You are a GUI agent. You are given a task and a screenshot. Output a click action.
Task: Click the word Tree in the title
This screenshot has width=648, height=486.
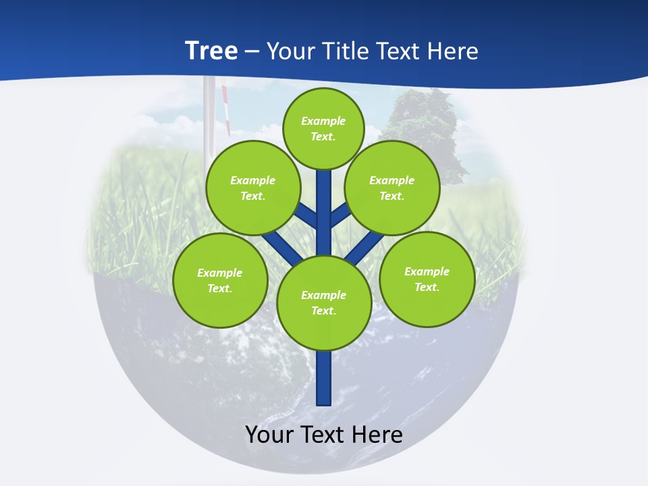pos(211,51)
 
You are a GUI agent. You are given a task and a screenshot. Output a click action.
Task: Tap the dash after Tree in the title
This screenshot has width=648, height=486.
pos(252,51)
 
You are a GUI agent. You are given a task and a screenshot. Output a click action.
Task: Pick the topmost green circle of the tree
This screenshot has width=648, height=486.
pos(323,128)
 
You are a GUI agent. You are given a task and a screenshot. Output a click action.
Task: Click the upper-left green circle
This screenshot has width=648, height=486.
pos(252,188)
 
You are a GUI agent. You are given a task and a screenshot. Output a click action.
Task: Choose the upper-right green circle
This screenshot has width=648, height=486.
pos(392,188)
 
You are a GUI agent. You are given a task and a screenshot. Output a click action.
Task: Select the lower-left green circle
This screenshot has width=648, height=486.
pos(220,280)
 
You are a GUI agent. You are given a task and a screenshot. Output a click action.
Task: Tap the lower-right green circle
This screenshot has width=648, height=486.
pos(427,279)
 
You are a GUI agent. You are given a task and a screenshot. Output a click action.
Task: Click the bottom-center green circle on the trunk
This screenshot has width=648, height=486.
pos(324,303)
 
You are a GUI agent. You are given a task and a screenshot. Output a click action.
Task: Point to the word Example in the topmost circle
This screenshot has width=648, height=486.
pos(323,121)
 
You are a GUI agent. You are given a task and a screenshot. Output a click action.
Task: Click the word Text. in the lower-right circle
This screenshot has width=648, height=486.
pos(427,287)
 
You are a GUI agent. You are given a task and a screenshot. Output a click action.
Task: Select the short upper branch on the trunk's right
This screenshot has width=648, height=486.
pos(340,215)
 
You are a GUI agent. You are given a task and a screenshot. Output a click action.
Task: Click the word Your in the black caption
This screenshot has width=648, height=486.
pos(269,435)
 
